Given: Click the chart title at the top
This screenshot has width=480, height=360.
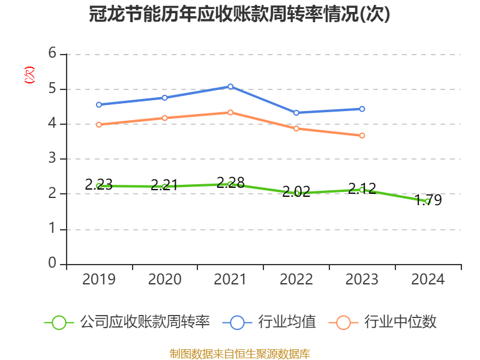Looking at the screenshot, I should click(239, 14).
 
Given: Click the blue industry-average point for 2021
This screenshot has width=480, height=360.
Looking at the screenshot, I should click(230, 86).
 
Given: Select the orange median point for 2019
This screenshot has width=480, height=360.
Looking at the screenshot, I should click(99, 124).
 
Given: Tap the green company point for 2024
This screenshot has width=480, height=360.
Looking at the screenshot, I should click(427, 202).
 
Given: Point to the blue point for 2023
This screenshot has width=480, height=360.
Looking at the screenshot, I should click(362, 109).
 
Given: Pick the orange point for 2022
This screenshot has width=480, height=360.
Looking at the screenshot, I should click(296, 128).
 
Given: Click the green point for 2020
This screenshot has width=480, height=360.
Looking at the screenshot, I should click(165, 187).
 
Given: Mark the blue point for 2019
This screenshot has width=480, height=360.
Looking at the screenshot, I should click(99, 104).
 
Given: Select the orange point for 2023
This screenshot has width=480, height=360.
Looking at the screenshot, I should click(362, 136).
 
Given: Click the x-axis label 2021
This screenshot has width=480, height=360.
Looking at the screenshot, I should click(230, 280).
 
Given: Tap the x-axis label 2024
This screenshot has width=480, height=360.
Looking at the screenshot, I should click(428, 280).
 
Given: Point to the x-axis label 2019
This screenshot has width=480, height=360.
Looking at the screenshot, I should click(99, 280).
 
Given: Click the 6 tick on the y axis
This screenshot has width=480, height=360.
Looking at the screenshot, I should click(52, 53).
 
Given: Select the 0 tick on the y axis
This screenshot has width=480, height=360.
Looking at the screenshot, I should click(52, 263).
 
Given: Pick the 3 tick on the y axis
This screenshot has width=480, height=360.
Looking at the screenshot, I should click(52, 158).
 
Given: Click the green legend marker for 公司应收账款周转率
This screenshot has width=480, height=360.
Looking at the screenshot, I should click(59, 322).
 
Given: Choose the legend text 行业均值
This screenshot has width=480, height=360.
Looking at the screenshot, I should click(287, 322).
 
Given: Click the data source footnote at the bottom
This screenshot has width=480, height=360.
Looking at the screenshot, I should click(239, 353).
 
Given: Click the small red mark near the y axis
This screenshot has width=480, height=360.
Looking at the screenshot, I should click(29, 75).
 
